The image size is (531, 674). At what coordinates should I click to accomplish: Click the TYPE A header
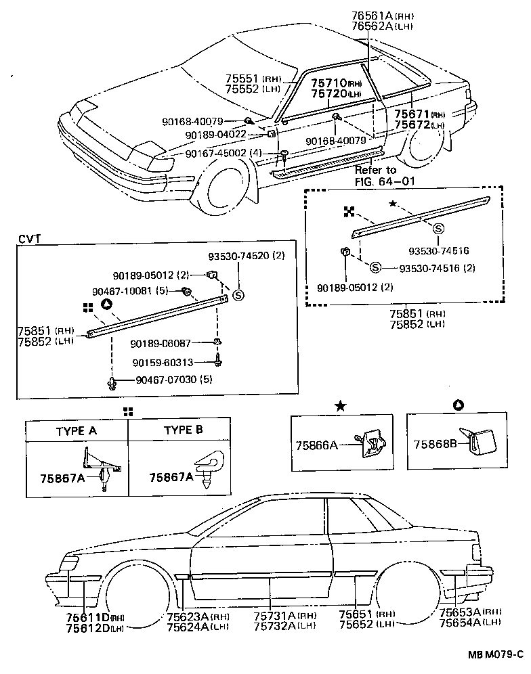pyautogui.click(x=76, y=430)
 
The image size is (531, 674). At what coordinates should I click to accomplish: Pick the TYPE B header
pyautogui.click(x=183, y=430)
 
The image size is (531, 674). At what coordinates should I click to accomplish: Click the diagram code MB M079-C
pyautogui.click(x=496, y=654)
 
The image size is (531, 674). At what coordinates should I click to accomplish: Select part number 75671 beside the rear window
pyautogui.click(x=411, y=115)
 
